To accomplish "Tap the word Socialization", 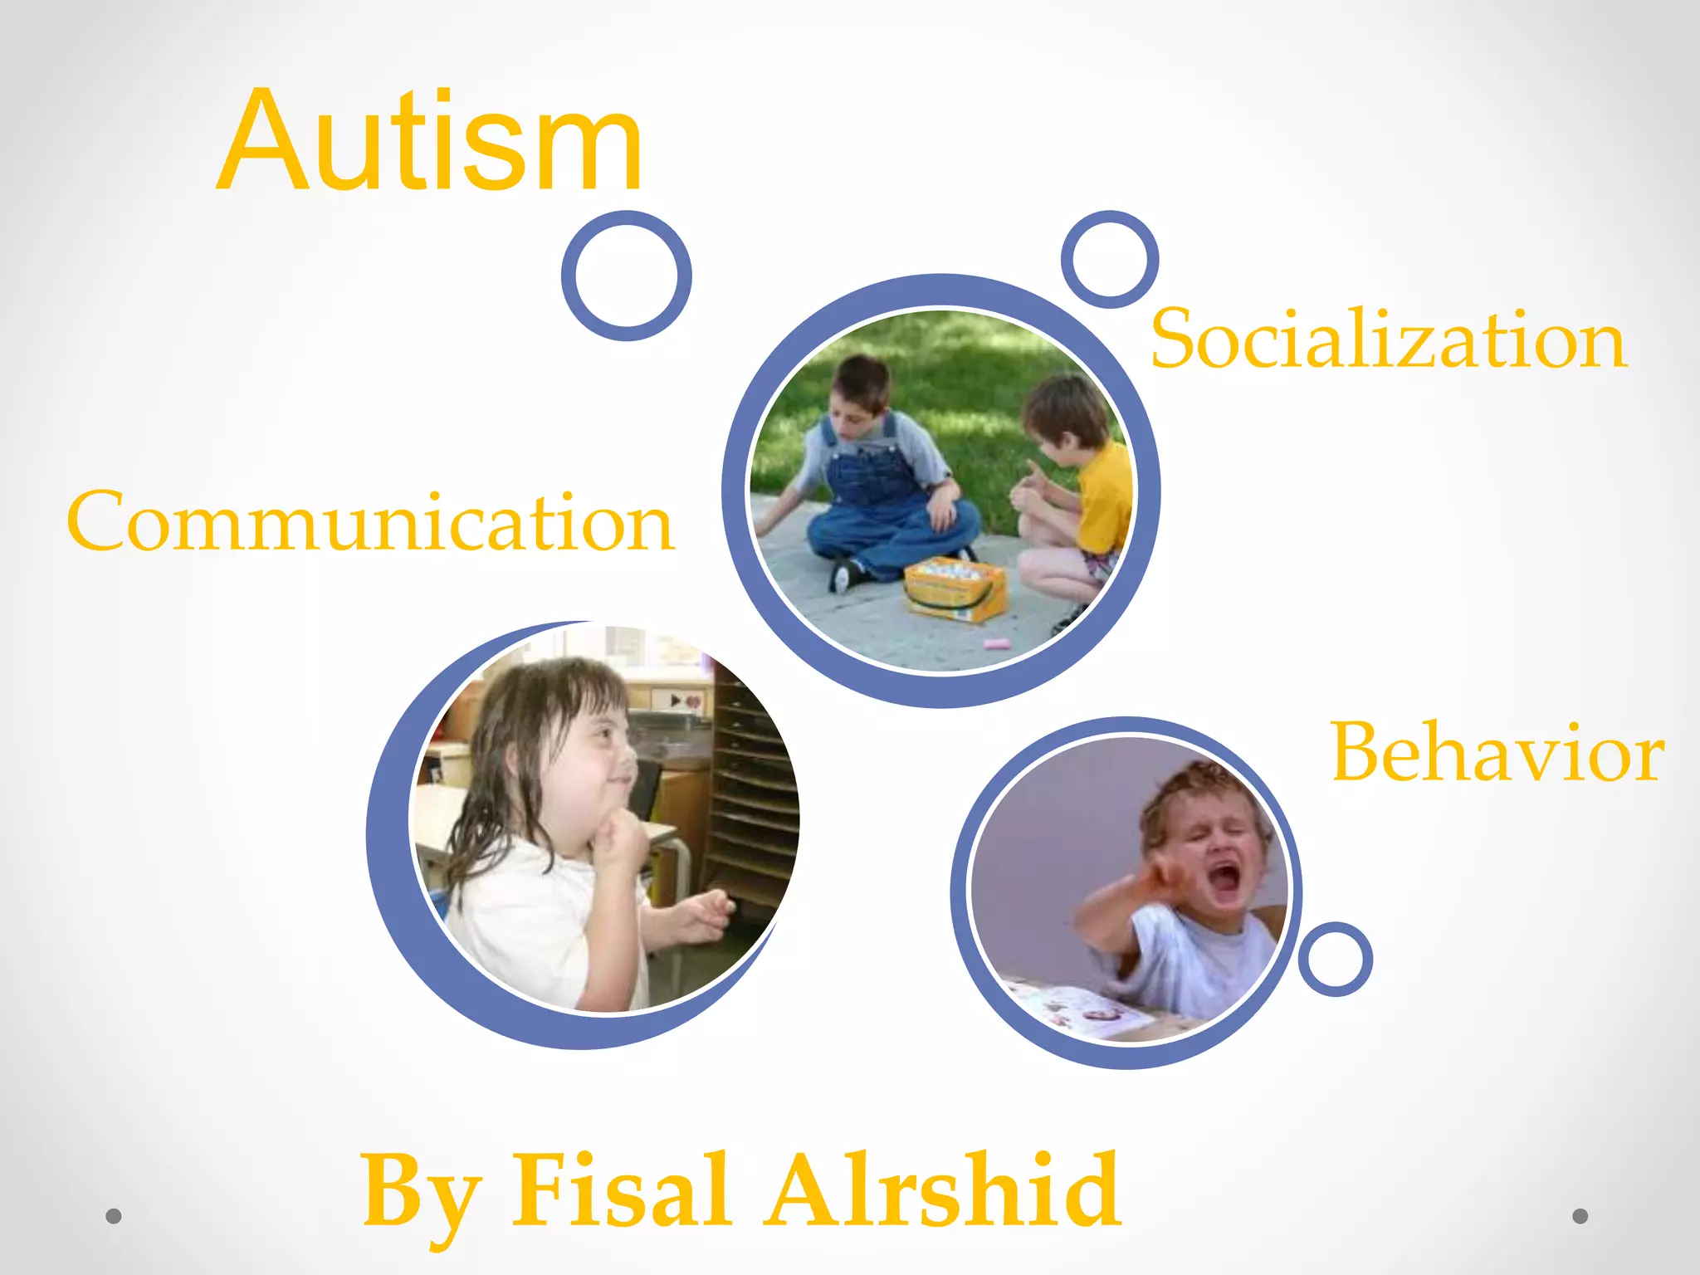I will pos(1388,340).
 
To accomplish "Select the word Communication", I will pos(370,522).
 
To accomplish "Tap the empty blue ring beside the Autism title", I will pos(627,276).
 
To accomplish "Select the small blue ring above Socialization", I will pos(1110,258).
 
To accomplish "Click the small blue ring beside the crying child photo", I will pos(1335,959).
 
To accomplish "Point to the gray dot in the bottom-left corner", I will pos(114,1216).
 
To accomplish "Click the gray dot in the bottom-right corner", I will pos(1580,1216).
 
